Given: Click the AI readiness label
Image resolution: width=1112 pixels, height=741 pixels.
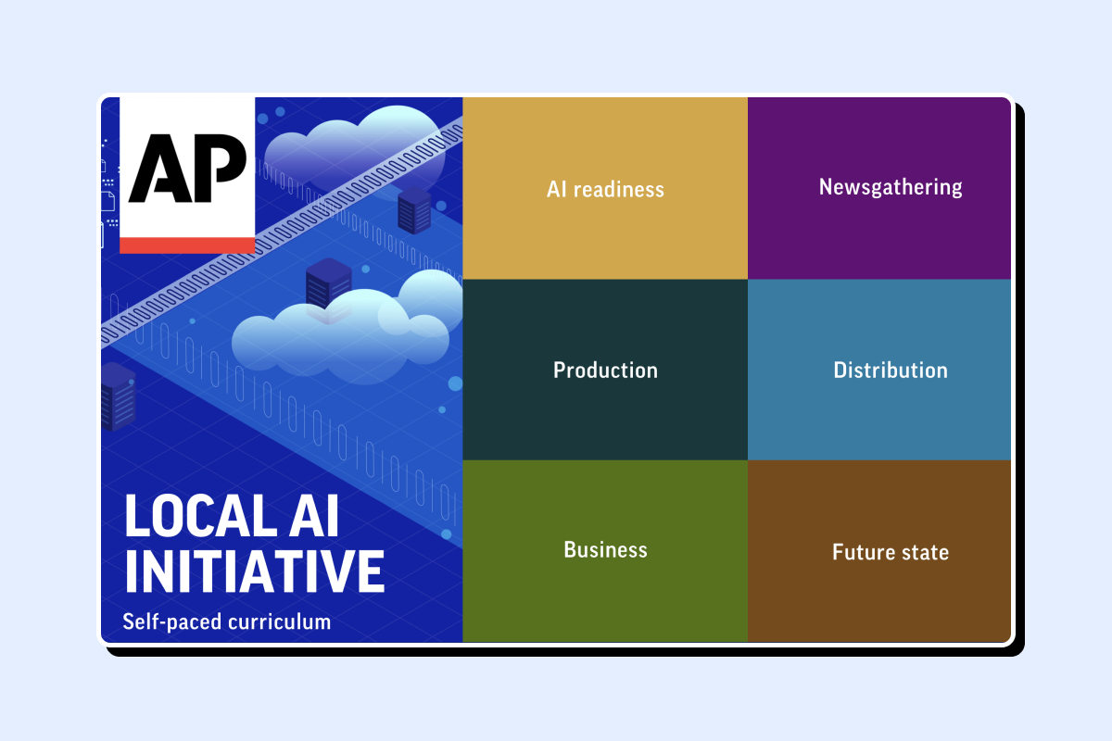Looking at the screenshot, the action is pos(605,189).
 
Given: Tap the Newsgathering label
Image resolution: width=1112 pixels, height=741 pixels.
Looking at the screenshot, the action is pos(891,187).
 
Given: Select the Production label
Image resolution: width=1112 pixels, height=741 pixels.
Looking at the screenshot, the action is pos(605,370).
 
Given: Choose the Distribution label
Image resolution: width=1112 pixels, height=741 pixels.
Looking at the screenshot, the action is pos(891,370).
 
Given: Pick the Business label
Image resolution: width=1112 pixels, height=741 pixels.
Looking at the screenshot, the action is pos(605,549).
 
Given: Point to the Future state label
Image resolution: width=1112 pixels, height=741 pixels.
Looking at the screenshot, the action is pos(891,552).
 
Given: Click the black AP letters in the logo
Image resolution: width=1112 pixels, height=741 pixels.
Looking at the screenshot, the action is pos(187,168).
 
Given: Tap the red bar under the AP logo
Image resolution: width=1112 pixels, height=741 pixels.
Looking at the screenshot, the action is pos(187,245).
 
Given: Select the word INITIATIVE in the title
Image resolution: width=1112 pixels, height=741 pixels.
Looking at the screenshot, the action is pos(255,571).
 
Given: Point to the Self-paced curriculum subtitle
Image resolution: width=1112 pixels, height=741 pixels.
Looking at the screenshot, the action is pos(226,622).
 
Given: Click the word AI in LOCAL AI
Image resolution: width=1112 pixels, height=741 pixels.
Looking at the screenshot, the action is pos(314,515).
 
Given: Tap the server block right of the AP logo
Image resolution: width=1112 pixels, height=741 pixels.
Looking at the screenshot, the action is pos(414,210).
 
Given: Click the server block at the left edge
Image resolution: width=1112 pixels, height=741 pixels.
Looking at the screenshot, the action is pos(118,396).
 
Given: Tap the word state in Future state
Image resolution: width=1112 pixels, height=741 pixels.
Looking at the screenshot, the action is pos(925,552).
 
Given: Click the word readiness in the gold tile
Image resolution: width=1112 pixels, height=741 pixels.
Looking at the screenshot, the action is pos(619,190).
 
